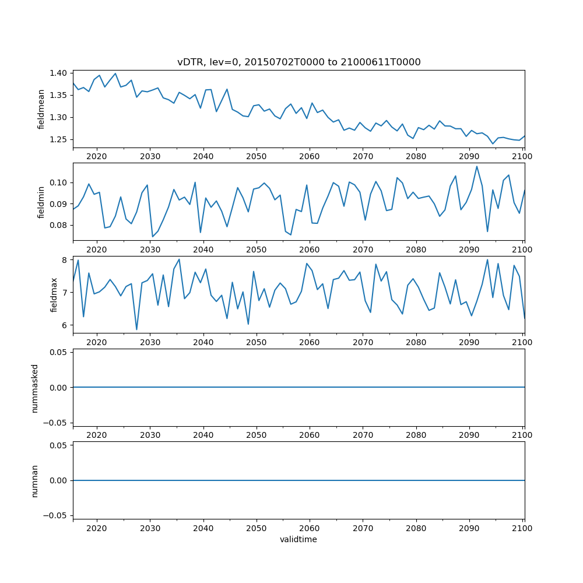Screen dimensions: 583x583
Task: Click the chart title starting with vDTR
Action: pyautogui.click(x=298, y=62)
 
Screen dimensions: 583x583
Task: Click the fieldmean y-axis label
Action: pyautogui.click(x=41, y=109)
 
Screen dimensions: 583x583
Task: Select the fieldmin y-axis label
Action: pyautogui.click(x=41, y=202)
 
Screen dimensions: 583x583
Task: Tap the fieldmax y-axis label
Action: pyautogui.click(x=54, y=294)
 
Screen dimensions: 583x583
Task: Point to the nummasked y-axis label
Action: pyautogui.click(x=35, y=387)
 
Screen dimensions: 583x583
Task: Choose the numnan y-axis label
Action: pyautogui.click(x=35, y=480)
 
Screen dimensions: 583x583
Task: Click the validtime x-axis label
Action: pyautogui.click(x=298, y=540)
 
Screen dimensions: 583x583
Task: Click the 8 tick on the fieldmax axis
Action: pyautogui.click(x=65, y=259)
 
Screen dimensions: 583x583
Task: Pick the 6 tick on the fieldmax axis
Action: pyautogui.click(x=65, y=325)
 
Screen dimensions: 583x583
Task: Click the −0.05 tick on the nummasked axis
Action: pyautogui.click(x=54, y=422)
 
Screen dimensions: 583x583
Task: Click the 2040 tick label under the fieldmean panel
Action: pyautogui.click(x=203, y=156)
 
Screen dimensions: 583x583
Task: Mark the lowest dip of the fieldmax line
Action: pyautogui.click(x=137, y=329)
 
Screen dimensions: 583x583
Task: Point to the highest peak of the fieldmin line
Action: pyautogui.click(x=476, y=166)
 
